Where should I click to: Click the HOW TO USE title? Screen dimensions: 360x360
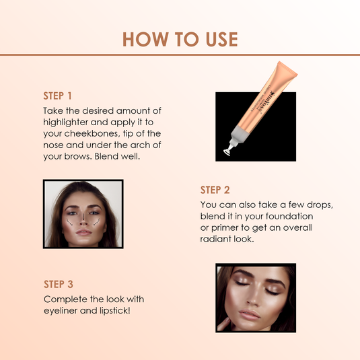click(x=180, y=39)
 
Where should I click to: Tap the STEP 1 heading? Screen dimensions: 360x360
click(x=57, y=96)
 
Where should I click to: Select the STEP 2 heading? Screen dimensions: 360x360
click(x=215, y=190)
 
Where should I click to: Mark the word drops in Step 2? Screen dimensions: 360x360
click(x=305, y=204)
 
